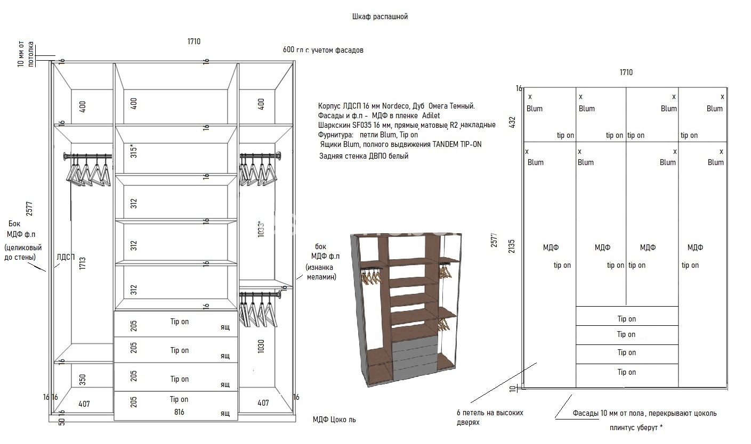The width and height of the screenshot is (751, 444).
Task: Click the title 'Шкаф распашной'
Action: (380, 17)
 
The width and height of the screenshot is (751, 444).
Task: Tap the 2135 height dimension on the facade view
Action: (511, 246)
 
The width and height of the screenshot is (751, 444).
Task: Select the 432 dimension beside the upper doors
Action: (512, 122)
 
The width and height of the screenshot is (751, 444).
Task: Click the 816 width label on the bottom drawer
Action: (180, 412)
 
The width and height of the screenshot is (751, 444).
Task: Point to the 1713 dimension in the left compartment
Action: (83, 264)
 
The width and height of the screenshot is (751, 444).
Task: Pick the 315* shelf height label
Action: (133, 151)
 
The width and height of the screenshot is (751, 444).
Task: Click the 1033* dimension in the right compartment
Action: (261, 229)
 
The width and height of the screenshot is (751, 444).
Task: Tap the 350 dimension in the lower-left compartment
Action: (83, 380)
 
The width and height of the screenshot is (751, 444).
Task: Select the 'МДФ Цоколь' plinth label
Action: (334, 420)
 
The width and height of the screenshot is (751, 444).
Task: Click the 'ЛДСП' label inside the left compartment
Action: (66, 257)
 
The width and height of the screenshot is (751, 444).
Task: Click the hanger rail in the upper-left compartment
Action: (88, 156)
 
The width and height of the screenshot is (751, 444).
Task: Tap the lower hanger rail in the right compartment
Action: (260, 294)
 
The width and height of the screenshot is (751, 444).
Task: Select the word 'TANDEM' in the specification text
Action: (444, 144)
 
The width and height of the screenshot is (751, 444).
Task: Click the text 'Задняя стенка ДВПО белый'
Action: (364, 156)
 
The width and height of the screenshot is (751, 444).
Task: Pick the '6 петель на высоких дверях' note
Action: (490, 417)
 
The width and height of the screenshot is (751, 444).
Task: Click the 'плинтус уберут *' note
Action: (636, 427)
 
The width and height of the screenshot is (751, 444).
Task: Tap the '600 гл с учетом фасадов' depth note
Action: (323, 50)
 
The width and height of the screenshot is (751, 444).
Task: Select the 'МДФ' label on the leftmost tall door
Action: (551, 248)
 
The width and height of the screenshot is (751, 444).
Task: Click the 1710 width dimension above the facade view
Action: (626, 72)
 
